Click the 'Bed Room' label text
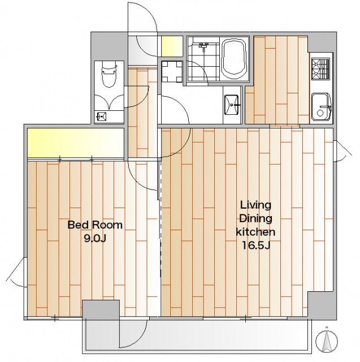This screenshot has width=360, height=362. tap(95, 225)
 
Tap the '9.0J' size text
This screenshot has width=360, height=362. tap(95, 238)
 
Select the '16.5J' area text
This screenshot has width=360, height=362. tap(256, 245)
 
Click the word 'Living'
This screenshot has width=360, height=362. tap(256, 205)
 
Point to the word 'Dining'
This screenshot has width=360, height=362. tap(256, 218)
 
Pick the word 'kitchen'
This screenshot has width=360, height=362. tap(256, 232)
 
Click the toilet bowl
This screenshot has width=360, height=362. tap(109, 74)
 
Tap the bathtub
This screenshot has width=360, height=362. tap(235, 57)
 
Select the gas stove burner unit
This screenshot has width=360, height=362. tap(320, 68)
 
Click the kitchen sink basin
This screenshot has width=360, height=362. tap(321, 107)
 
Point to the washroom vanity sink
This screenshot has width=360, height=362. tap(232, 105)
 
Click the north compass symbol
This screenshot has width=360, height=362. tap(327, 341)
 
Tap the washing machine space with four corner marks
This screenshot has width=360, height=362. tap(172, 72)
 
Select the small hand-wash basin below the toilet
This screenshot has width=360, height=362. tap(101, 116)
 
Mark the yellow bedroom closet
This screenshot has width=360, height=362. tap(76, 143)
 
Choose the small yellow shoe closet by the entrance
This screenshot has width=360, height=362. tap(172, 46)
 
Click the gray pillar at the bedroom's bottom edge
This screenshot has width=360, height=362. tap(101, 309)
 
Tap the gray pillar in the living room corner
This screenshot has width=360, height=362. tap(321, 305)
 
